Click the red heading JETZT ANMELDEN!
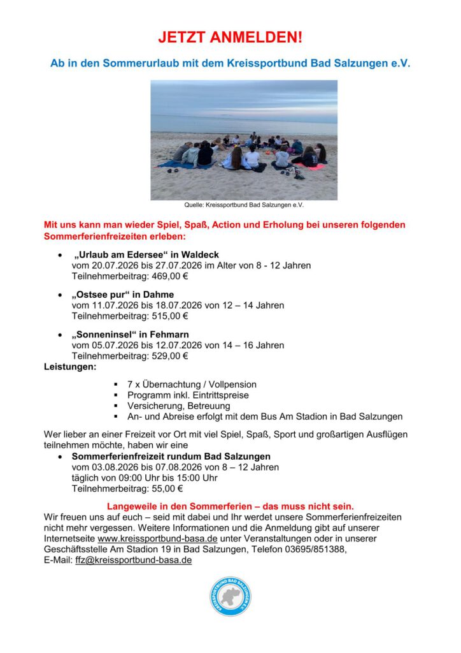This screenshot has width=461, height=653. pyautogui.click(x=230, y=38)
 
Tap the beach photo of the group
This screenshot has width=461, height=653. pyautogui.click(x=244, y=140)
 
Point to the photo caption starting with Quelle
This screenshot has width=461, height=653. pyautogui.click(x=244, y=205)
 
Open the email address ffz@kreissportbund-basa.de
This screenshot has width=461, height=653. pyautogui.click(x=134, y=560)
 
